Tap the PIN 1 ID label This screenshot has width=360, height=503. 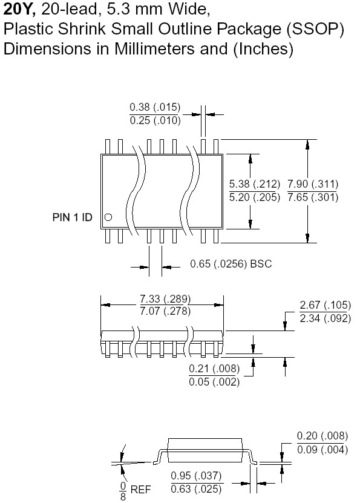coord(73,217)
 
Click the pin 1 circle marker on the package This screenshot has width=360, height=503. coord(109,217)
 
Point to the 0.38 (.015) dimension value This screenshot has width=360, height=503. coord(155,107)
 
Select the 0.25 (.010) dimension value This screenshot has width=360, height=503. coord(155,120)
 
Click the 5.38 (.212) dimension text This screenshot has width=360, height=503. coord(255,184)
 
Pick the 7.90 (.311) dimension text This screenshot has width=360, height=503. coord(313,184)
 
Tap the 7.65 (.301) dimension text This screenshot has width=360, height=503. coord(313,197)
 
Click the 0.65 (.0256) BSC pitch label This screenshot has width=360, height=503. coord(231,264)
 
